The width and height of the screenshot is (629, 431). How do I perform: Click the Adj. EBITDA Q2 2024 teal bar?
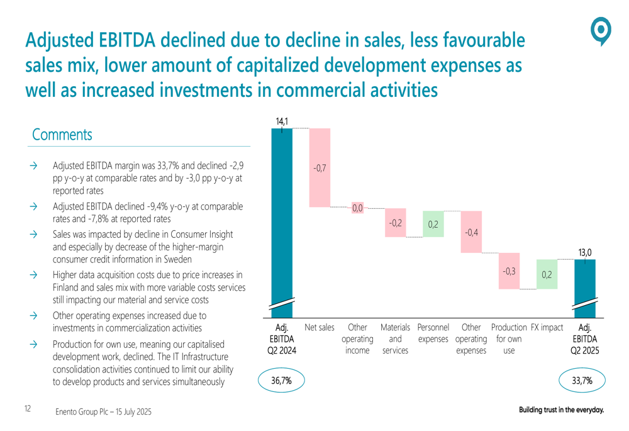[x=282, y=214]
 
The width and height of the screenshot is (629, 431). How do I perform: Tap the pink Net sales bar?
[x=320, y=167]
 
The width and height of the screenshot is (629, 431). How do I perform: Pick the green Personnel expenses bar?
[x=433, y=223]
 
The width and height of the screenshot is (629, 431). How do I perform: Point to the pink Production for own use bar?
[x=509, y=271]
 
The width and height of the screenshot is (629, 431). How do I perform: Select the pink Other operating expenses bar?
[x=471, y=232]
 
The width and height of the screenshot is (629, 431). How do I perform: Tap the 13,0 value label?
[x=584, y=252]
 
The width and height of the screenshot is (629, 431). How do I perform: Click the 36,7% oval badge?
[x=281, y=380]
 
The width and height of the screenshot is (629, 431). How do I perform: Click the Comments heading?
[x=62, y=135]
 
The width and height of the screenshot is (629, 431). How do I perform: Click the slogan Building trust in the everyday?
[x=561, y=410]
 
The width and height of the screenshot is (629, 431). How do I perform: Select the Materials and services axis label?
[x=395, y=339]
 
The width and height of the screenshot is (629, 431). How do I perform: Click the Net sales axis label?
[x=320, y=328]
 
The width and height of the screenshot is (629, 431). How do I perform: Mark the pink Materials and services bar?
[x=395, y=222]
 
